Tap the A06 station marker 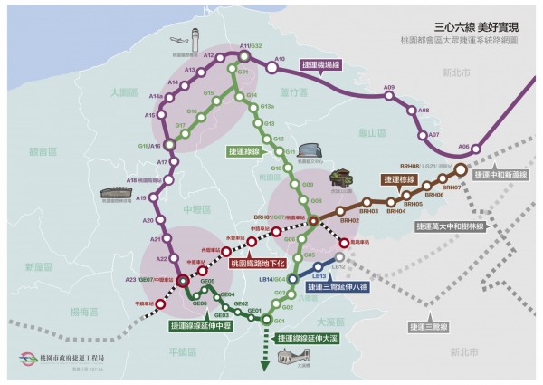coord(477,149)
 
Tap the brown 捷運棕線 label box coord(403,181)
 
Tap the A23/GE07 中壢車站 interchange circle coord(183,282)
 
